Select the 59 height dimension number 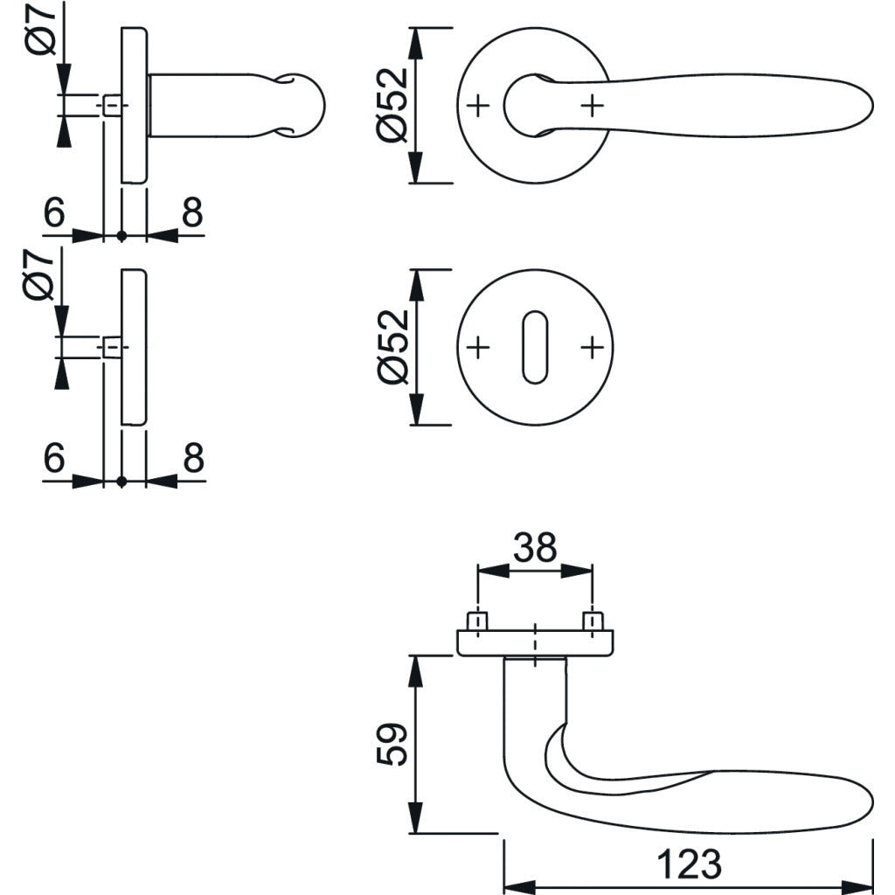click(x=395, y=744)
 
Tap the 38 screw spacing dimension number click(x=534, y=548)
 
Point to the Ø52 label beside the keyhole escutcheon click(x=394, y=347)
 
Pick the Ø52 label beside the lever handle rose click(x=394, y=105)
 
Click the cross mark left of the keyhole click(x=477, y=348)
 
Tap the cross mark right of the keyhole click(x=593, y=348)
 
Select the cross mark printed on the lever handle click(x=593, y=106)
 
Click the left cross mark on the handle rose click(x=477, y=106)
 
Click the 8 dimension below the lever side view click(x=192, y=212)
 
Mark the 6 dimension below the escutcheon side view click(x=54, y=457)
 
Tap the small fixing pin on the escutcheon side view click(x=111, y=348)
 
